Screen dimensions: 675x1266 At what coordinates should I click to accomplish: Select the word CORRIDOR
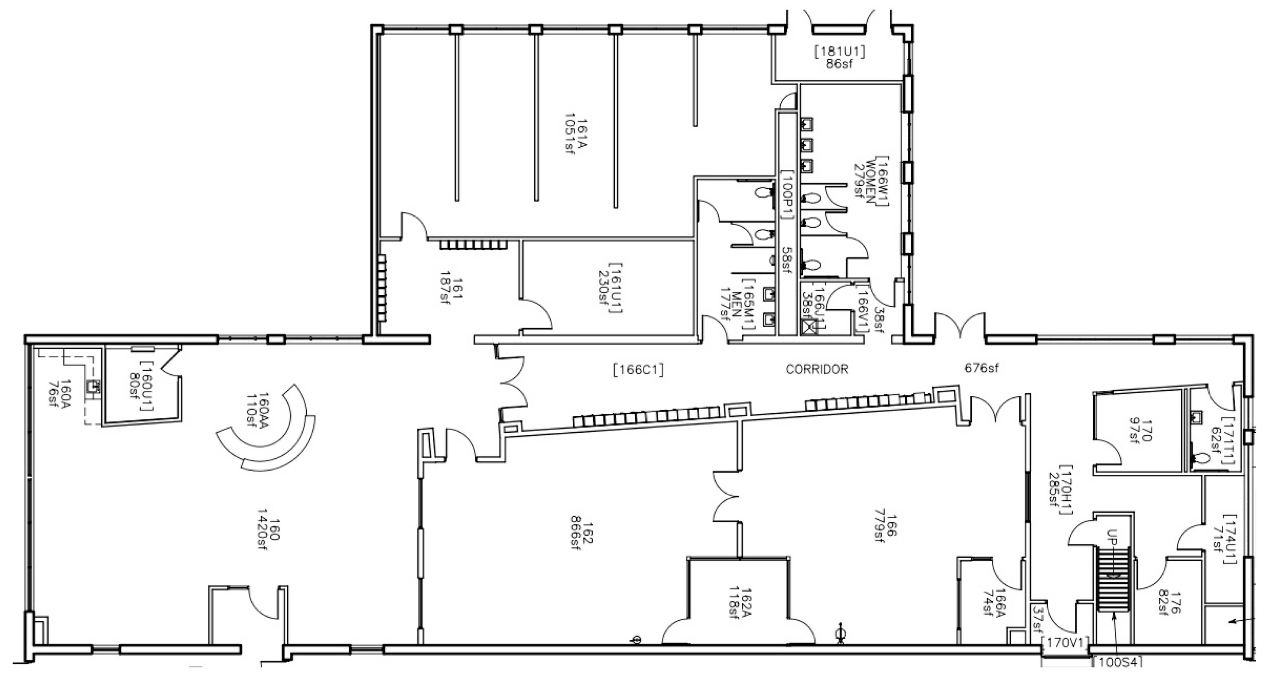(x=817, y=369)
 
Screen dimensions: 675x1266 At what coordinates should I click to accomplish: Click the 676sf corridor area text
(x=981, y=367)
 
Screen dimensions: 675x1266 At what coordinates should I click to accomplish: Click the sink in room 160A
(x=92, y=387)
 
